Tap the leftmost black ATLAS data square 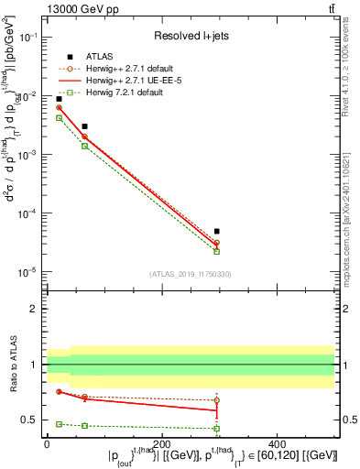tap(59, 99)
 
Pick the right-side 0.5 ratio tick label tap(346, 420)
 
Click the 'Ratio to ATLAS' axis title tap(14, 364)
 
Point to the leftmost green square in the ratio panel tap(59, 424)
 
